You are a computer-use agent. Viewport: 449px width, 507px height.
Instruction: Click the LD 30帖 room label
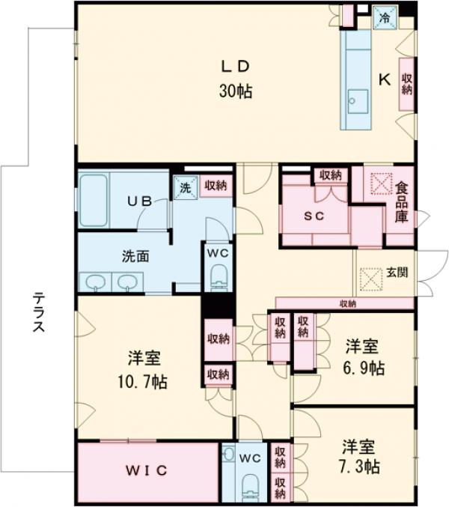234,78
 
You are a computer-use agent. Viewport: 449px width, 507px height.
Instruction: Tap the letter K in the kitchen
383,79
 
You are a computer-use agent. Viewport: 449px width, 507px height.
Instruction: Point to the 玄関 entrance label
396,273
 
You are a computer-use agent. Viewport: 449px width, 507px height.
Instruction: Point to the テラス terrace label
39,312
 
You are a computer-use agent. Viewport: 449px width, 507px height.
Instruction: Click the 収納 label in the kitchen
406,84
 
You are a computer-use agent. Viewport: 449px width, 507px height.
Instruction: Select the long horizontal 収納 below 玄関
346,303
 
